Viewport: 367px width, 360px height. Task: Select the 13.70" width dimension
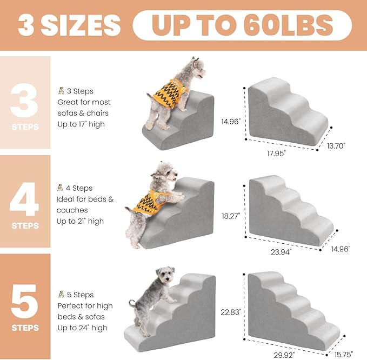(x=335, y=145)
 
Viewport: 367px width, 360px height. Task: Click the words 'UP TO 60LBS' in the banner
(x=242, y=25)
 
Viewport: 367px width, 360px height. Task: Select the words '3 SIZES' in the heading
(x=69, y=25)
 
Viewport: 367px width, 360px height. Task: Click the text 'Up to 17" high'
(x=82, y=124)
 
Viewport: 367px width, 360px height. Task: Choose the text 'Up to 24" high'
(x=82, y=328)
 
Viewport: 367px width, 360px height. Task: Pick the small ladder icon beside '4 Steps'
(x=61, y=188)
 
